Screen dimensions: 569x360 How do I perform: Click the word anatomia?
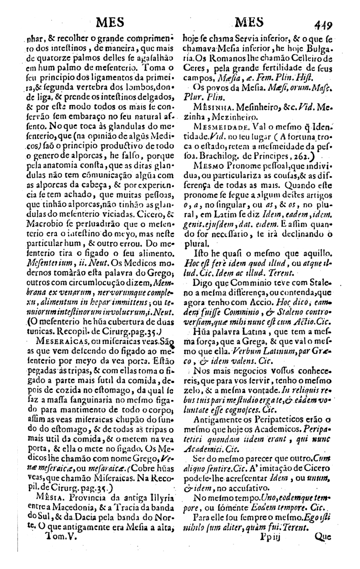click(x=53, y=138)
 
